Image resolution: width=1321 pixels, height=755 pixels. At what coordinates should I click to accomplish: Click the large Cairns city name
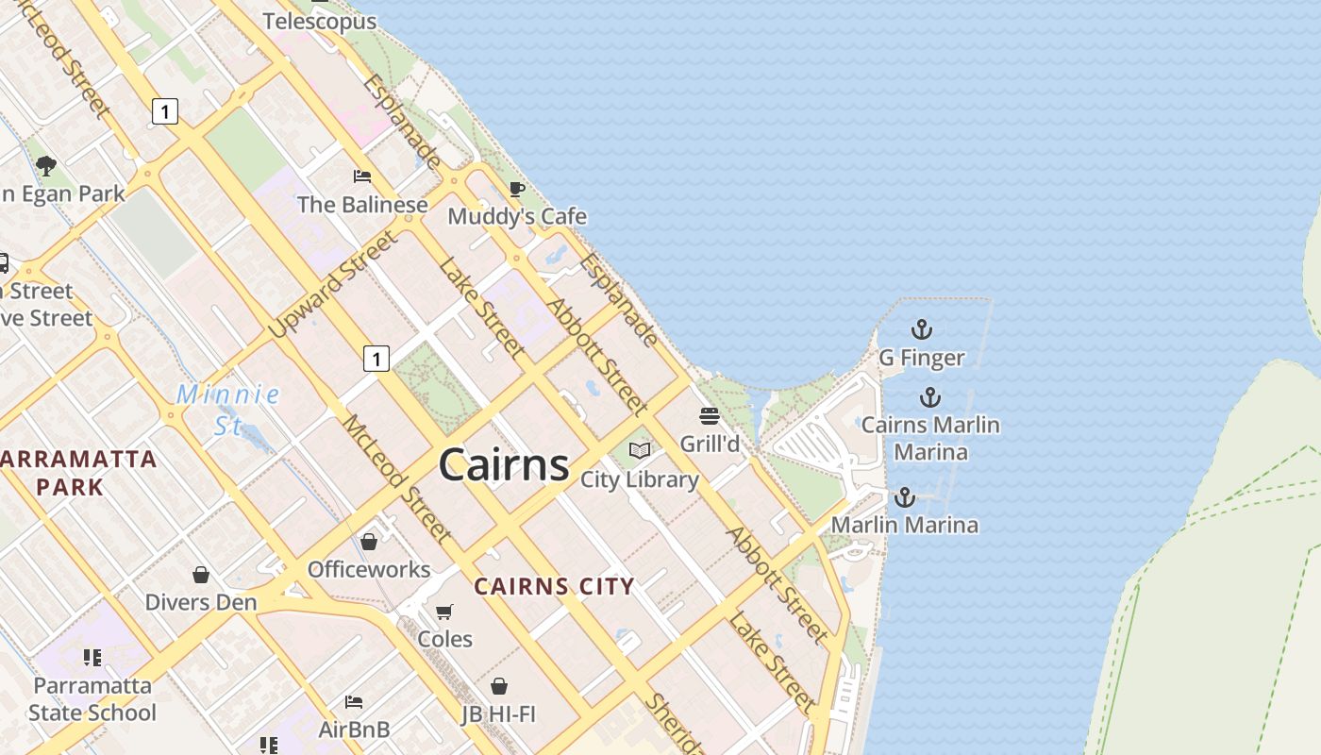click(504, 464)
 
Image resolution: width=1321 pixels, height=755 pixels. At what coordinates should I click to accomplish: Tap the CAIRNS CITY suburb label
click(554, 586)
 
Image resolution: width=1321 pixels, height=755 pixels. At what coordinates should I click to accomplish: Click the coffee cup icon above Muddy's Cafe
click(516, 189)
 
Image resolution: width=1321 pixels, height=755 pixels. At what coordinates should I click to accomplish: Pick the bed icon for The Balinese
click(361, 176)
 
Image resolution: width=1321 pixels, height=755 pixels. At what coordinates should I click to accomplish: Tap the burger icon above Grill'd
click(710, 416)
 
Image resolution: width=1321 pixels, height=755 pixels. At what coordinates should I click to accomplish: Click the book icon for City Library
click(640, 451)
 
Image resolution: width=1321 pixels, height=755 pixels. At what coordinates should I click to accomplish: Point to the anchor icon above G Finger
click(921, 329)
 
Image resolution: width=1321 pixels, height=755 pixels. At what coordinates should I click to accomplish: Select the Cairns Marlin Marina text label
click(930, 438)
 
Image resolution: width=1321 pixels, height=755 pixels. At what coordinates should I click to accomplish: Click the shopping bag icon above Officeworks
click(369, 542)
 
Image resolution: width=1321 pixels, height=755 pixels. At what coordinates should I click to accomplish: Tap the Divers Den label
click(200, 602)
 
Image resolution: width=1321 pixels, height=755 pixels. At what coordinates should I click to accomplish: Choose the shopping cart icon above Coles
click(444, 612)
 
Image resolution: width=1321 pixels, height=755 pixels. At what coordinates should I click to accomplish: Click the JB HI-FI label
click(498, 714)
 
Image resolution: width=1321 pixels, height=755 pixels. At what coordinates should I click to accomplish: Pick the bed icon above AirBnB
click(354, 702)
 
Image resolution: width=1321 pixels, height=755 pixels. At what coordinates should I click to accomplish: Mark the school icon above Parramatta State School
click(92, 657)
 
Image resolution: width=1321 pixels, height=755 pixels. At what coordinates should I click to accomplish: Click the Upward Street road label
click(333, 284)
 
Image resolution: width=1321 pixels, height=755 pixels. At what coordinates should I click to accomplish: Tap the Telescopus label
click(320, 21)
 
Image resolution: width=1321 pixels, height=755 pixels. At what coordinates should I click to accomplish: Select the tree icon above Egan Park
click(45, 167)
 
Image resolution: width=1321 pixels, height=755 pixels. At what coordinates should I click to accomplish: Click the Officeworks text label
click(369, 569)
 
